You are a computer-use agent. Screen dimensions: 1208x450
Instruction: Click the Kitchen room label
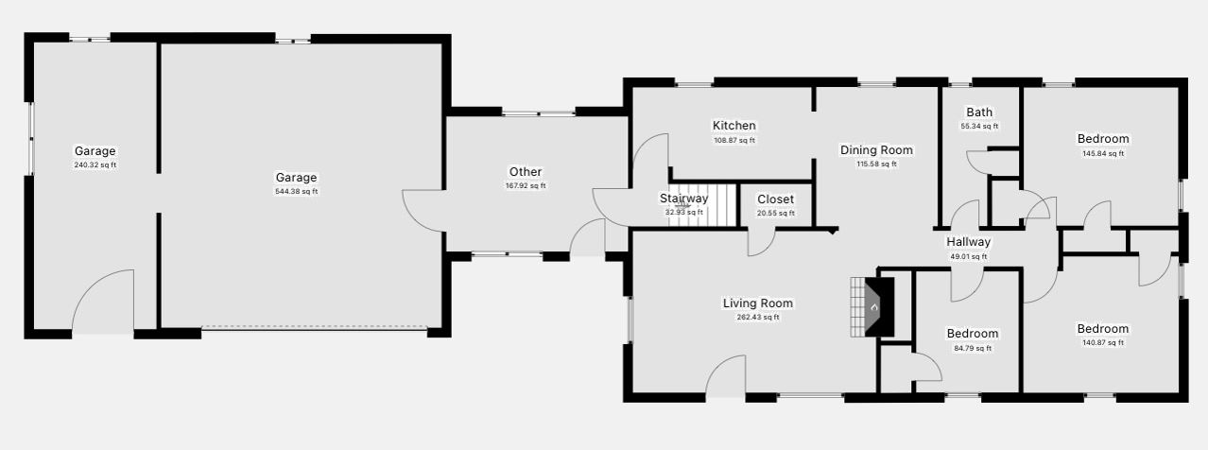[x=733, y=126]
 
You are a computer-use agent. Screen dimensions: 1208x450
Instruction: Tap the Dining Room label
[x=876, y=150]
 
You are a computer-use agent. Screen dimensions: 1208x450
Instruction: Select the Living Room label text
[x=758, y=303]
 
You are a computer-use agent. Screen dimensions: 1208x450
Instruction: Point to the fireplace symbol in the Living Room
[x=872, y=307]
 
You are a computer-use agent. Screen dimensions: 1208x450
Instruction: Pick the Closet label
[x=775, y=199]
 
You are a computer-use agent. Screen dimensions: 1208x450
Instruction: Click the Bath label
[x=979, y=112]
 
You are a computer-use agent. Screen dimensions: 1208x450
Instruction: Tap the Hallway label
[x=969, y=242]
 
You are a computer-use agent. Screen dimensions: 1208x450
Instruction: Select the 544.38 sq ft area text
[x=296, y=192]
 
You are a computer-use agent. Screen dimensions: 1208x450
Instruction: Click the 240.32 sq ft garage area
[x=95, y=165]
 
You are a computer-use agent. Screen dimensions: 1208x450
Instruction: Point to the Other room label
[x=526, y=171]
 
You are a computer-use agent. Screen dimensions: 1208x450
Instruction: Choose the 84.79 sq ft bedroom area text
[x=973, y=349]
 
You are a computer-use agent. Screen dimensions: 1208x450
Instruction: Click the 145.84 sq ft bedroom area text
[x=1103, y=154]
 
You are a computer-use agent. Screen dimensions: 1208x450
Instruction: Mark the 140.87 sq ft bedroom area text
[x=1103, y=342]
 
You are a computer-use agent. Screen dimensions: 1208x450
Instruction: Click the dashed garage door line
[x=315, y=327]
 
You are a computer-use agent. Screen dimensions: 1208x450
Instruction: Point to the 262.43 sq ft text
[x=758, y=318]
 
